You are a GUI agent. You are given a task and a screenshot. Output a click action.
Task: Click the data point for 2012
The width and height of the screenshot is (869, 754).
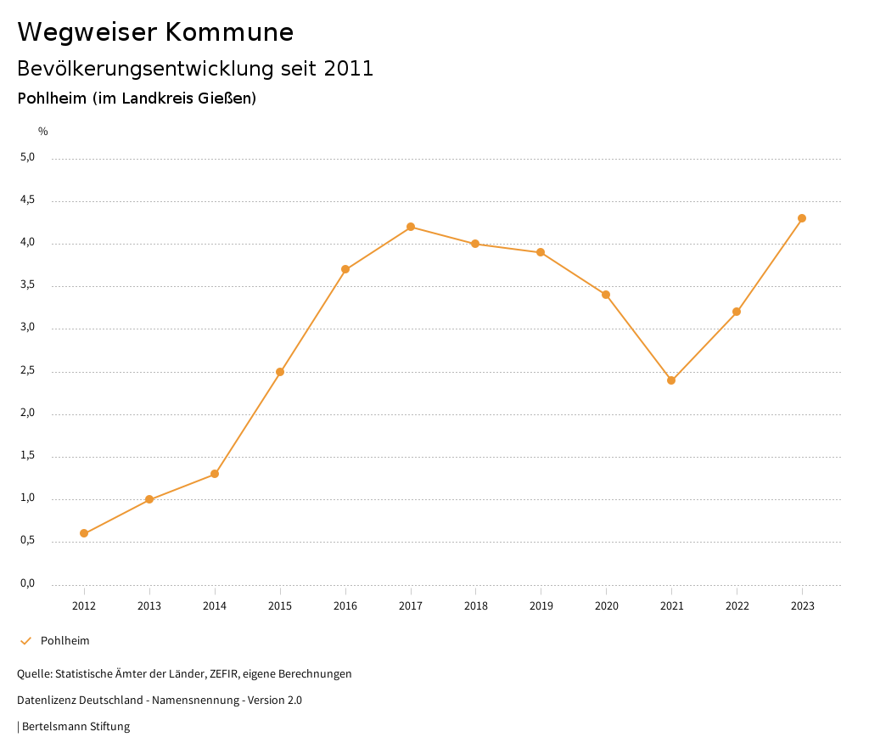pyautogui.click(x=84, y=533)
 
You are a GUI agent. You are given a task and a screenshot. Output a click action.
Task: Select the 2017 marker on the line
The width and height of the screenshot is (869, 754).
pyautogui.click(x=411, y=227)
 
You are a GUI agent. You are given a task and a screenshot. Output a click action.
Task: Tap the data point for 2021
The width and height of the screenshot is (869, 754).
pyautogui.click(x=671, y=380)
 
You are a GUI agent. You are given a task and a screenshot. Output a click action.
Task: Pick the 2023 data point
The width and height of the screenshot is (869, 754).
pyautogui.click(x=802, y=218)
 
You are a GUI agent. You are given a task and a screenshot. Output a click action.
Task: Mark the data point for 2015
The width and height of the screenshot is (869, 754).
pyautogui.click(x=280, y=372)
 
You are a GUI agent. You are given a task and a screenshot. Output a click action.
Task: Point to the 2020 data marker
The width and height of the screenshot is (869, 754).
pyautogui.click(x=606, y=295)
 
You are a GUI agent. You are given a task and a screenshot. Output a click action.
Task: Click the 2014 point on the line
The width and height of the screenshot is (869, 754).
pyautogui.click(x=215, y=474)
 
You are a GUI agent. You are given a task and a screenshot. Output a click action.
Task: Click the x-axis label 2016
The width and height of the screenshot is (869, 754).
pyautogui.click(x=345, y=605)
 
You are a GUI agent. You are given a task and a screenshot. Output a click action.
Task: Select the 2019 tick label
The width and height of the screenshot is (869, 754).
pyautogui.click(x=541, y=605)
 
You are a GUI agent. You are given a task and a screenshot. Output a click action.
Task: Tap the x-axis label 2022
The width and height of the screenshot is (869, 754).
pyautogui.click(x=737, y=605)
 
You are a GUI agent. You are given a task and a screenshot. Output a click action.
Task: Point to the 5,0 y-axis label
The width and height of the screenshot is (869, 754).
pyautogui.click(x=29, y=157)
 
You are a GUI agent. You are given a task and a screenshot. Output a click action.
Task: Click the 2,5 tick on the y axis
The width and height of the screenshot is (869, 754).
pyautogui.click(x=29, y=370)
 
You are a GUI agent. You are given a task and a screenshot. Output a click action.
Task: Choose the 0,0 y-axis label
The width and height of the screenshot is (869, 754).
pyautogui.click(x=29, y=583)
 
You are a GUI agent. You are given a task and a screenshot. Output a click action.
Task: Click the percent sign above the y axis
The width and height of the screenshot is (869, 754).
pyautogui.click(x=43, y=132)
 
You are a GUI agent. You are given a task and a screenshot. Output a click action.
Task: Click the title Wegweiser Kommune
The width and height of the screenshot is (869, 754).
pyautogui.click(x=155, y=32)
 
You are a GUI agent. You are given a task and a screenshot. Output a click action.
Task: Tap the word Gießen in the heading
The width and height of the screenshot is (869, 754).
pyautogui.click(x=230, y=98)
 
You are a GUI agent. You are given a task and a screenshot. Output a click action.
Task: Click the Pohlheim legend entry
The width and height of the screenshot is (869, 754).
pyautogui.click(x=64, y=641)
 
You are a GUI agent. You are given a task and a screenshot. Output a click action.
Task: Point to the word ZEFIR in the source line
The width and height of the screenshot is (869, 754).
pyautogui.click(x=221, y=674)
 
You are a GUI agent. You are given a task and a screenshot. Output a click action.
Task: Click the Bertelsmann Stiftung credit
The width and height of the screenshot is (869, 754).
pyautogui.click(x=76, y=727)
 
